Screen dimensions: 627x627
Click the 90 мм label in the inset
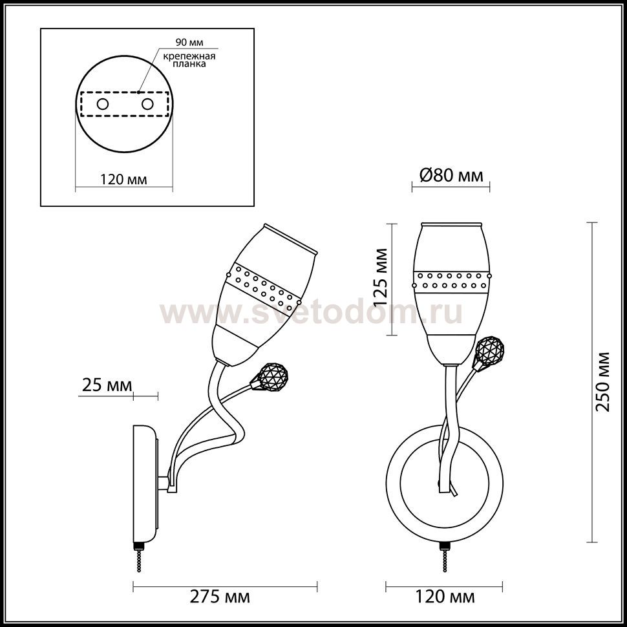coord(189,42)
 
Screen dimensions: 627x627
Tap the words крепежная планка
coord(189,59)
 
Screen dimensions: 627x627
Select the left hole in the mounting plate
coord(103,104)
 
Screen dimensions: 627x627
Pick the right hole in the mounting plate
coord(147,104)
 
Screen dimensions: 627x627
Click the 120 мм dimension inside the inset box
coord(123,180)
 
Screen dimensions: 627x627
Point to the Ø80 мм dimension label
coord(451,175)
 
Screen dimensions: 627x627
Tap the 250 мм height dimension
coord(602,382)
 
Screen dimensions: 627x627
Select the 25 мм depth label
coord(107,385)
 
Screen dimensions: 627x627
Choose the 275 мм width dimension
coord(220,597)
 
